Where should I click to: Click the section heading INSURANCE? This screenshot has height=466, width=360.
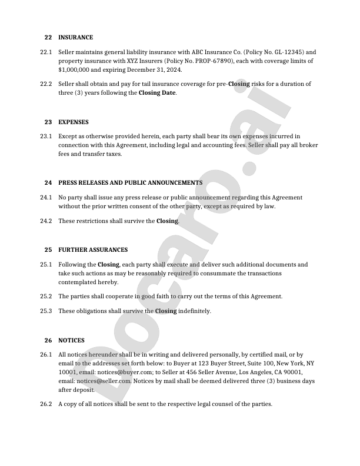click(x=75, y=38)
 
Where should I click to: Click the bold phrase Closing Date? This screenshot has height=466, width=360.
click(x=157, y=93)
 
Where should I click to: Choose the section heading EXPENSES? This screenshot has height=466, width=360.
click(x=74, y=122)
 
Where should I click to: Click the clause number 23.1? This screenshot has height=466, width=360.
click(x=46, y=137)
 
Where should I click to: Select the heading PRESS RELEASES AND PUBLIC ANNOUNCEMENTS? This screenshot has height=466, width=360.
click(x=130, y=183)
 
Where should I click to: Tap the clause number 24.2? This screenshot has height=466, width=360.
click(x=46, y=221)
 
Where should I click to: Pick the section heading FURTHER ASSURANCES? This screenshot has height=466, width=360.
click(x=93, y=250)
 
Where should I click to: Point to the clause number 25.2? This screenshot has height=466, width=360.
click(x=46, y=297)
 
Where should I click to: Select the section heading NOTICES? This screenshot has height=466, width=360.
click(x=71, y=340)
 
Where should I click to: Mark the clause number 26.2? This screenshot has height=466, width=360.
click(x=46, y=404)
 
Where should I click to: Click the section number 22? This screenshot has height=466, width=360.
click(x=48, y=38)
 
